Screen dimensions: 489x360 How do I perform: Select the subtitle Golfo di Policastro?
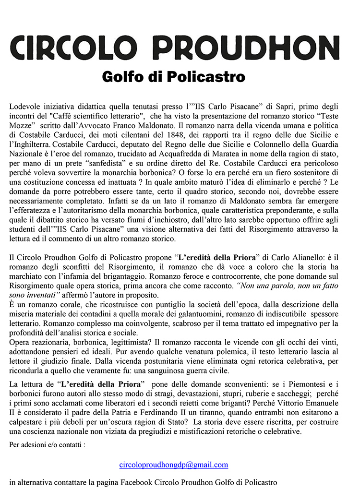coord(173,77)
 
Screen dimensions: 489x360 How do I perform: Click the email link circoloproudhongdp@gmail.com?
coord(174,465)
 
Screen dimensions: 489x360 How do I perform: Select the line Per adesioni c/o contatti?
coord(48,444)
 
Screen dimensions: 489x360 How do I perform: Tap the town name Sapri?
coord(278,106)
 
